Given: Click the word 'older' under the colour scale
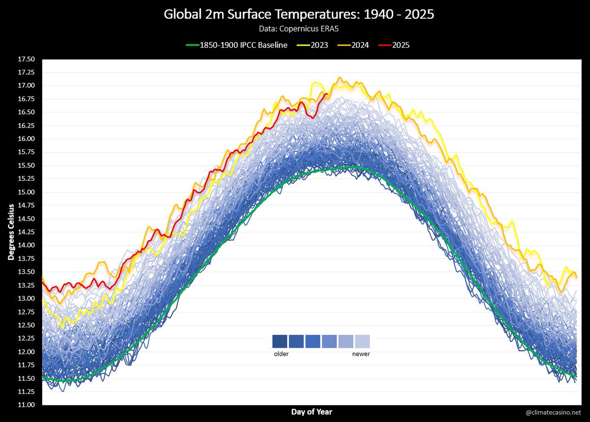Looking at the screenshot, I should pyautogui.click(x=281, y=354).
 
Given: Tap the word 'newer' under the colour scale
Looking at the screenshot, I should pyautogui.click(x=361, y=354).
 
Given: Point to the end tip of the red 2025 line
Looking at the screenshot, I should pyautogui.click(x=327, y=93).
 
